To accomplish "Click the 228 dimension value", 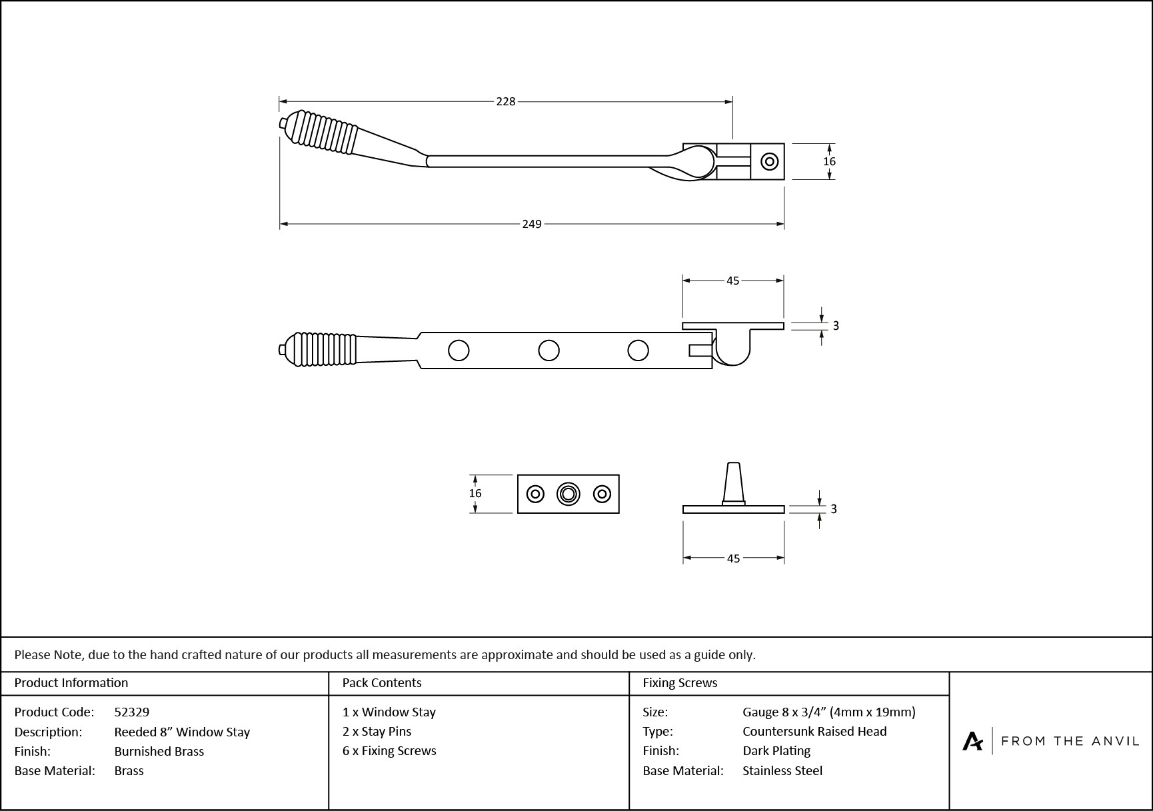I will click(x=506, y=101).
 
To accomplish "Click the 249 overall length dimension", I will click(x=532, y=224).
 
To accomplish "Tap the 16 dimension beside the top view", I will click(x=829, y=161).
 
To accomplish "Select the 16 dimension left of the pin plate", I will click(x=475, y=493).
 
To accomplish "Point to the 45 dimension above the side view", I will click(x=733, y=281).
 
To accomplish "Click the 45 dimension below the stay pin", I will click(x=733, y=558).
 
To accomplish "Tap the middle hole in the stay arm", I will click(x=549, y=350).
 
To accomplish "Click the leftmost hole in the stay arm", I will click(x=459, y=350).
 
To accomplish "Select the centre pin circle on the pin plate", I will click(x=568, y=494).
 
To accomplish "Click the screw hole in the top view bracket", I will click(x=770, y=161).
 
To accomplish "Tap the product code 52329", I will click(x=132, y=712).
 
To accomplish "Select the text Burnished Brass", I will click(x=159, y=751).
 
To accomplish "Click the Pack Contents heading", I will click(x=382, y=682).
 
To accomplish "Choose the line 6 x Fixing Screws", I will click(x=389, y=750).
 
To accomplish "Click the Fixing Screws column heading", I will click(x=680, y=682).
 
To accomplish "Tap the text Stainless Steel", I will click(x=782, y=770).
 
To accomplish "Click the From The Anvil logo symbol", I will click(x=972, y=740).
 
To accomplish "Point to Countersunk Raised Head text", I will click(x=814, y=731).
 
